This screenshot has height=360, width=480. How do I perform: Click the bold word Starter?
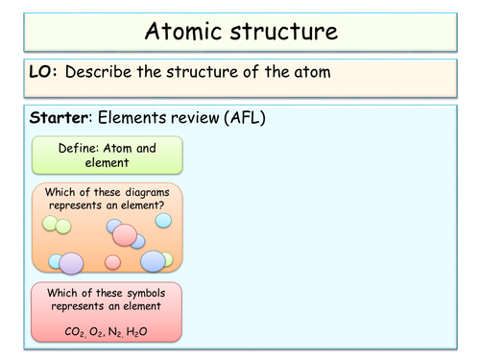point(60,118)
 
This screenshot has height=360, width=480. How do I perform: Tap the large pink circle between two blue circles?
point(126,234)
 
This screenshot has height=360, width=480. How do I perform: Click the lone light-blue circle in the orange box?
point(164,221)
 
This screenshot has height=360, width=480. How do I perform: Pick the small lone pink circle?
point(112,262)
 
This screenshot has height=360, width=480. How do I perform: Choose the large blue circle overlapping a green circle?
point(153,261)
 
